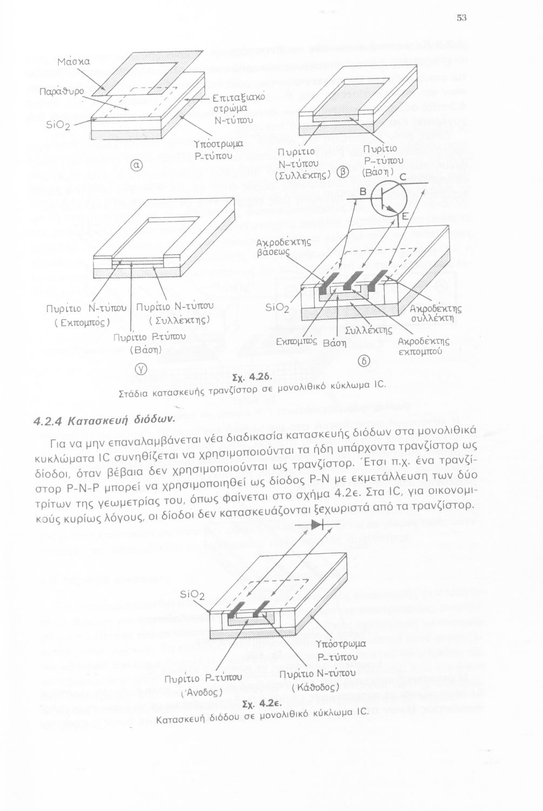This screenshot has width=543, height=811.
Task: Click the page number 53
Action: [461, 18]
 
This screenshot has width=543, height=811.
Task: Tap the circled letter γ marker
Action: [139, 369]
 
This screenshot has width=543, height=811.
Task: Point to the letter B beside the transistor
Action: [363, 192]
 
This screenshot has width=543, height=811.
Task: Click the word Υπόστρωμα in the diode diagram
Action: [341, 644]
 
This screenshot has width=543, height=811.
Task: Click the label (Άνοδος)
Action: [201, 691]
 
